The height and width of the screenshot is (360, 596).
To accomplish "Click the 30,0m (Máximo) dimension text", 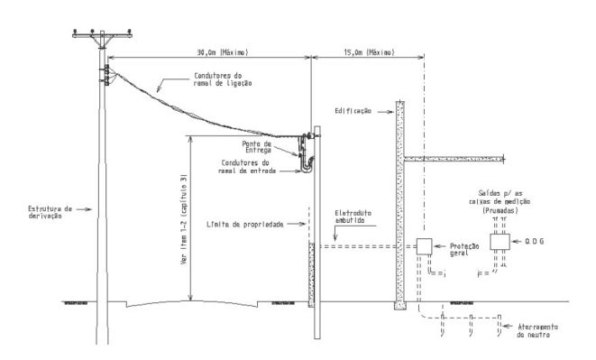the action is coord(223,52).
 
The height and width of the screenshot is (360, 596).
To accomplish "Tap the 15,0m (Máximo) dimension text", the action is coord(369,52).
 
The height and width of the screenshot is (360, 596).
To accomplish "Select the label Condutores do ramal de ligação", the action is coord(223,79).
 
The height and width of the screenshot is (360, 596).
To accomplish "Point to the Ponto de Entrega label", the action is coord(257,147).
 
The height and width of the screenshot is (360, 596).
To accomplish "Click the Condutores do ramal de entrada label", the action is coord(247,167).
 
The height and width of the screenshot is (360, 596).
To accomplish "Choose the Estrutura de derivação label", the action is coord(50,212).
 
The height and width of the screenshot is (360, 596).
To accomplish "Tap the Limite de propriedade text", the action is coord(245,225).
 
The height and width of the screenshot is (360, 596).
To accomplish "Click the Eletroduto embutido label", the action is coord(353,217).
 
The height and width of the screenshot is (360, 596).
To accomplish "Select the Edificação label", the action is coord(353,111).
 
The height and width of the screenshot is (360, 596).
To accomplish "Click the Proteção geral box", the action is coord(424,246).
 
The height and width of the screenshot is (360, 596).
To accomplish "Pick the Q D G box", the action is coord(500,242).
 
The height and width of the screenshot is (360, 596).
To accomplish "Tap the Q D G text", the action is coord(535,241).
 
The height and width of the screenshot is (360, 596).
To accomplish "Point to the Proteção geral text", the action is coord(464,250).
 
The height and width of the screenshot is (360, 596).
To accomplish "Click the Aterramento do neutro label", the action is coord(537,331).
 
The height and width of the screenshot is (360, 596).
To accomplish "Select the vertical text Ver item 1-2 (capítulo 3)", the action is coord(184,219).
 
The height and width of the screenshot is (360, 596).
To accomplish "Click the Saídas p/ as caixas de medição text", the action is coord(500,202).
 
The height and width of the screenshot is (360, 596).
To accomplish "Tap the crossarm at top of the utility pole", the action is coord(102,36).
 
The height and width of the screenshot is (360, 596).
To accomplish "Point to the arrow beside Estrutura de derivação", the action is coord(84,209).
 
